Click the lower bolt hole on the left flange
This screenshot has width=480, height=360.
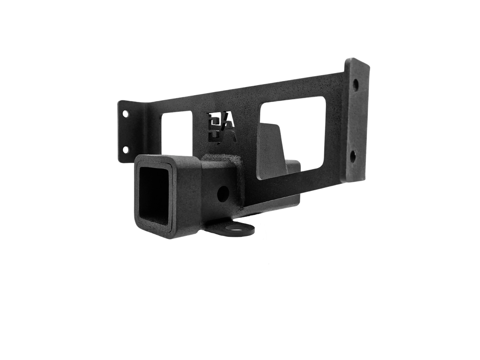pyautogui.click(x=125, y=149)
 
